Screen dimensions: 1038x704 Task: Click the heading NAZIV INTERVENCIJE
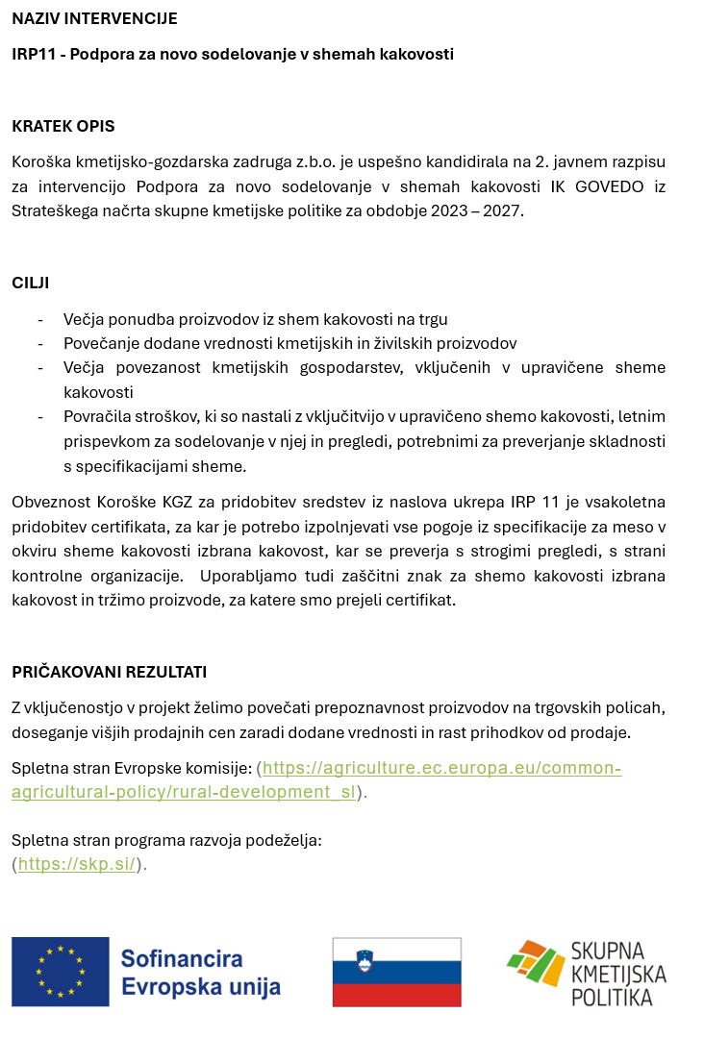click(94, 18)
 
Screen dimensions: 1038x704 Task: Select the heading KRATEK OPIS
click(63, 126)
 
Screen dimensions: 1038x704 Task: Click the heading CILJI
click(31, 283)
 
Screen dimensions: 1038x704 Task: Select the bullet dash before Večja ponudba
click(40, 319)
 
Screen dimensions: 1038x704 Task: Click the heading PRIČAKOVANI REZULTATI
click(109, 672)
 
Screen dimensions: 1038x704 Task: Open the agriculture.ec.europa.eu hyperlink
click(441, 768)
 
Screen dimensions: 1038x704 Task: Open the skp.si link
click(77, 863)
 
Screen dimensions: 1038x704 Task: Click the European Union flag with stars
click(60, 972)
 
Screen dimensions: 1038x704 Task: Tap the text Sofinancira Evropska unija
click(200, 973)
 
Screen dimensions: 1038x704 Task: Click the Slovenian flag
click(396, 972)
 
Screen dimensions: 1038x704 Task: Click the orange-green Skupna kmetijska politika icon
click(536, 965)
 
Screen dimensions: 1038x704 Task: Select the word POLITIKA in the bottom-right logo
click(612, 998)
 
